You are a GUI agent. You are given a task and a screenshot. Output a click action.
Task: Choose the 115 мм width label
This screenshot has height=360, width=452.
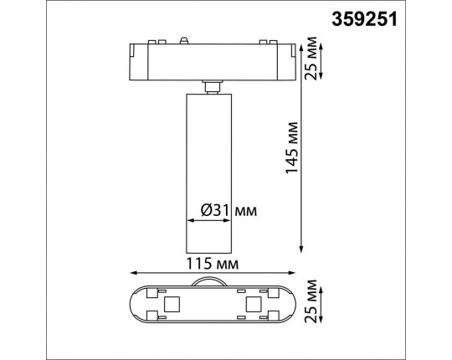click(211, 264)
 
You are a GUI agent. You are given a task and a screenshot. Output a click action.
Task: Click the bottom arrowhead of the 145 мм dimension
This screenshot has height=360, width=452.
click(301, 249)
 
